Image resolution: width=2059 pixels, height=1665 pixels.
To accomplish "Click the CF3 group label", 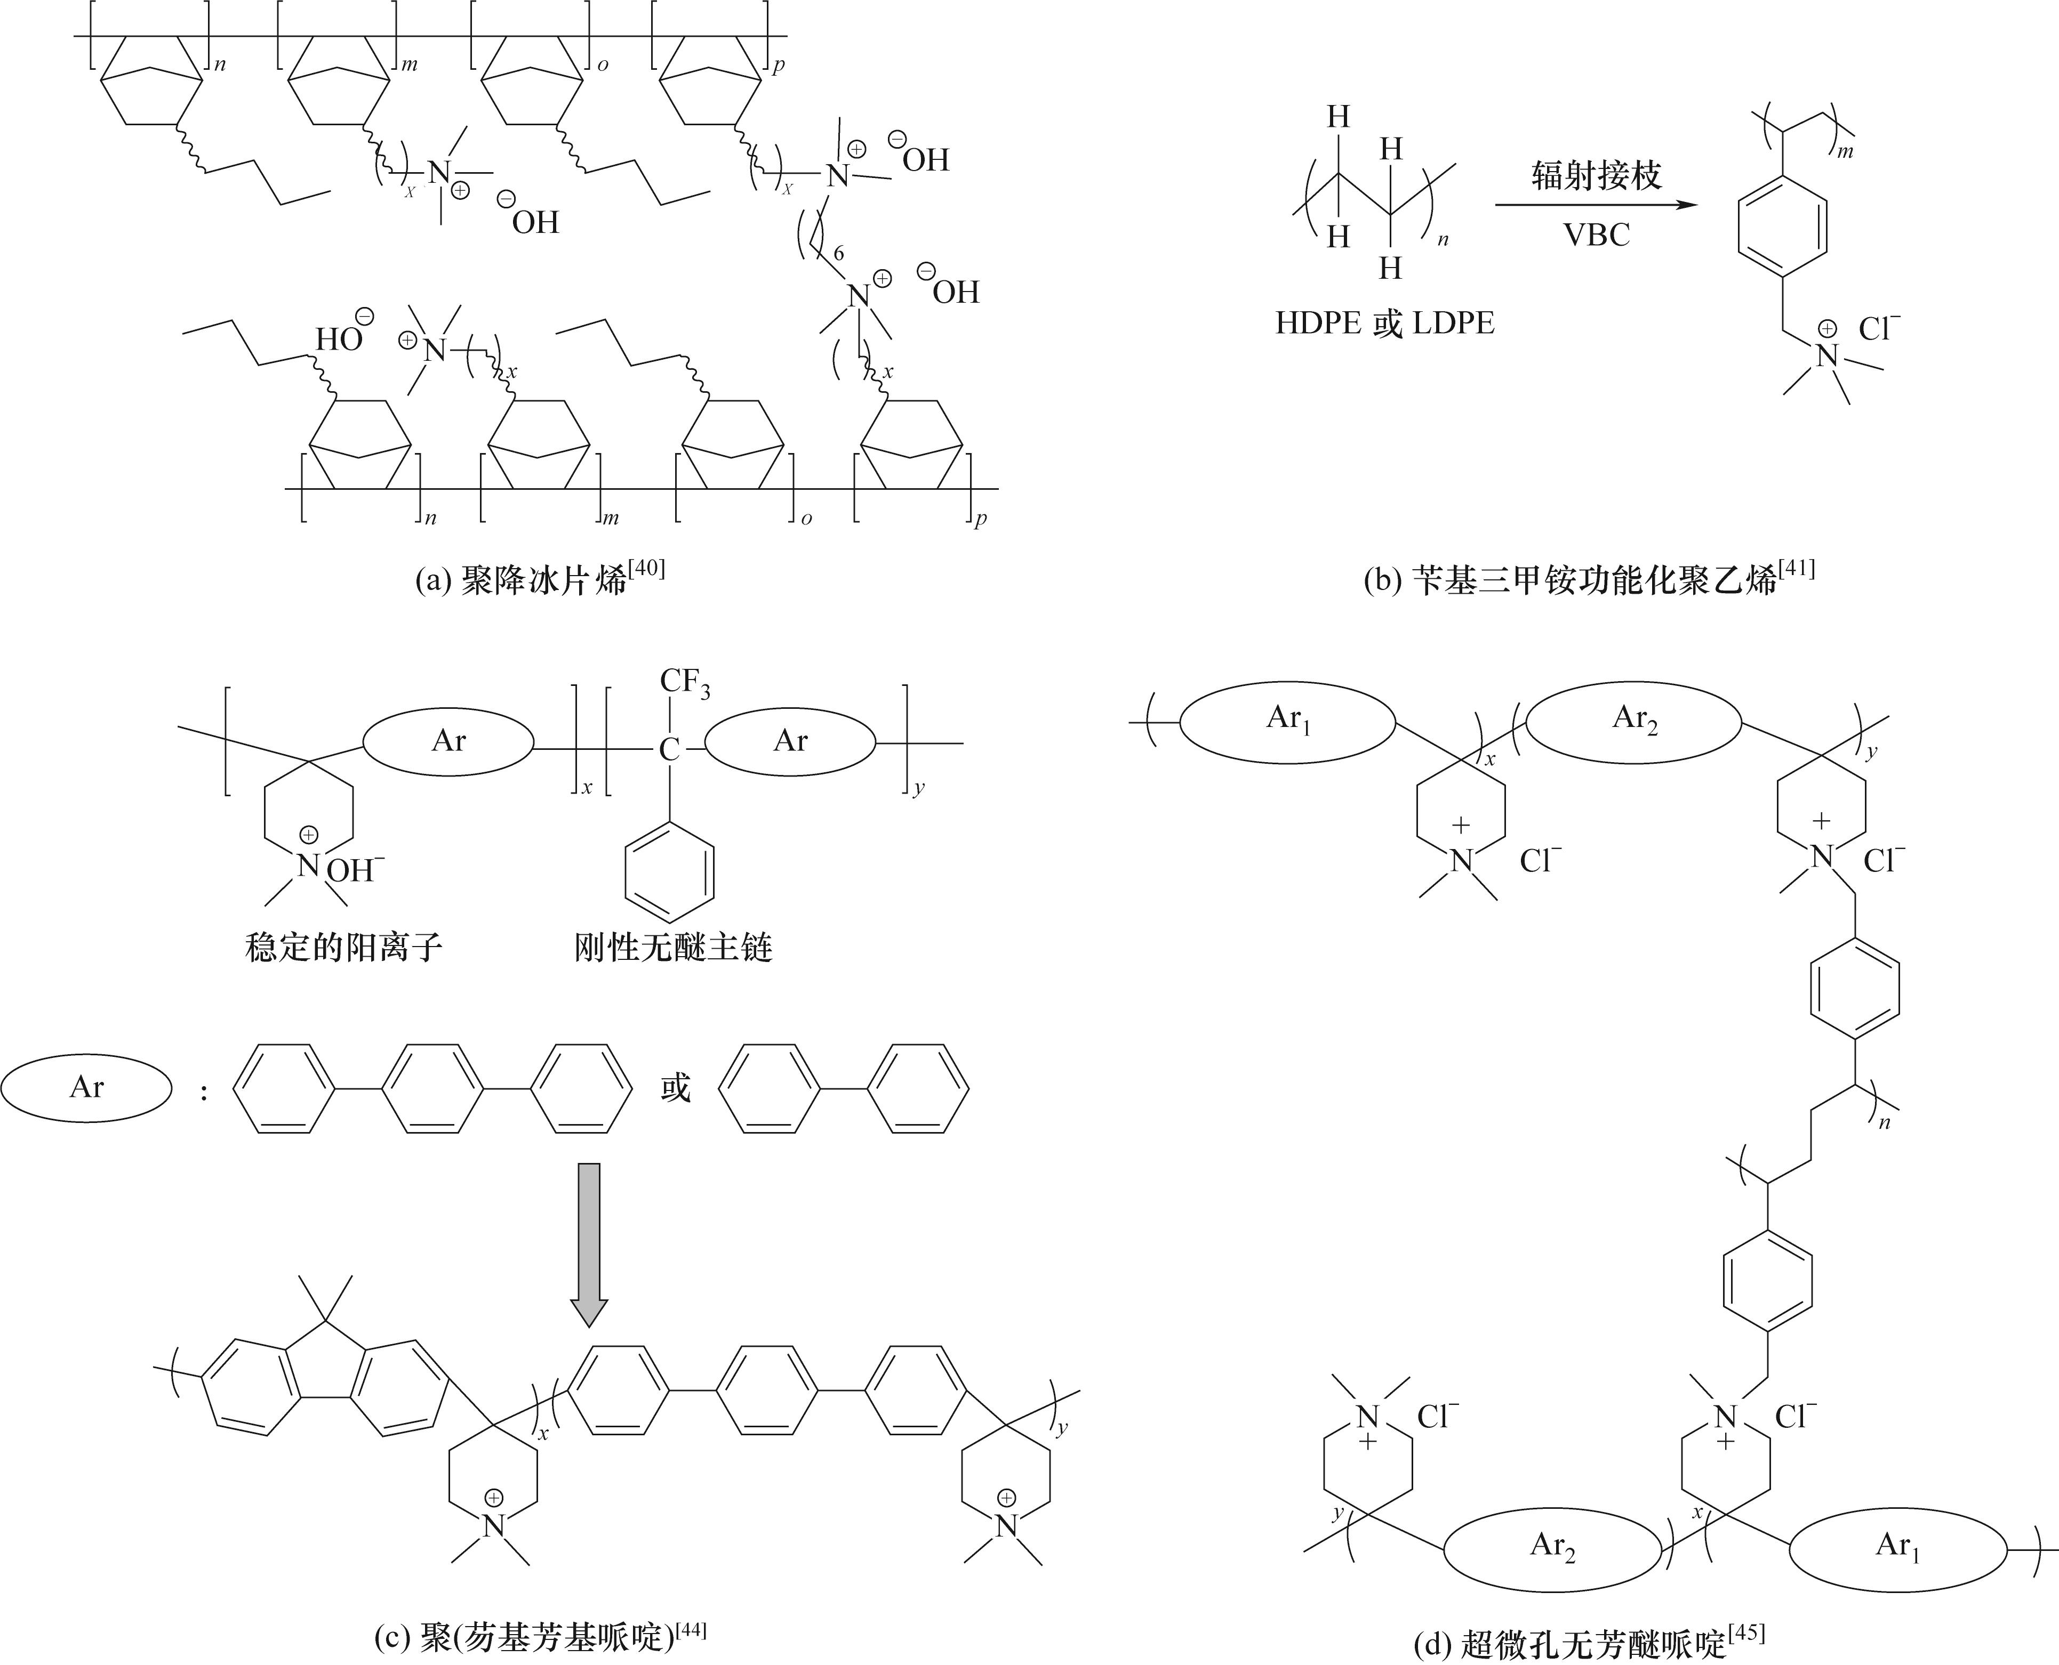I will coord(684,683).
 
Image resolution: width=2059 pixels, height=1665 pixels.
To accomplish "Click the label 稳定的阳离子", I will coord(343,948).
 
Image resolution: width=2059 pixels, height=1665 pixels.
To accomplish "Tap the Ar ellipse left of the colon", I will coord(86,1088).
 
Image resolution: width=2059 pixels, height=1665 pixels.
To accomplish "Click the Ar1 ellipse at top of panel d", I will coord(1287,720).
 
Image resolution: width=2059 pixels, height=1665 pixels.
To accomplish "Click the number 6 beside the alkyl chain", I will coord(838,253).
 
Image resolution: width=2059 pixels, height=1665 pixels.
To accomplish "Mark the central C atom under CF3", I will coord(669,749).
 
